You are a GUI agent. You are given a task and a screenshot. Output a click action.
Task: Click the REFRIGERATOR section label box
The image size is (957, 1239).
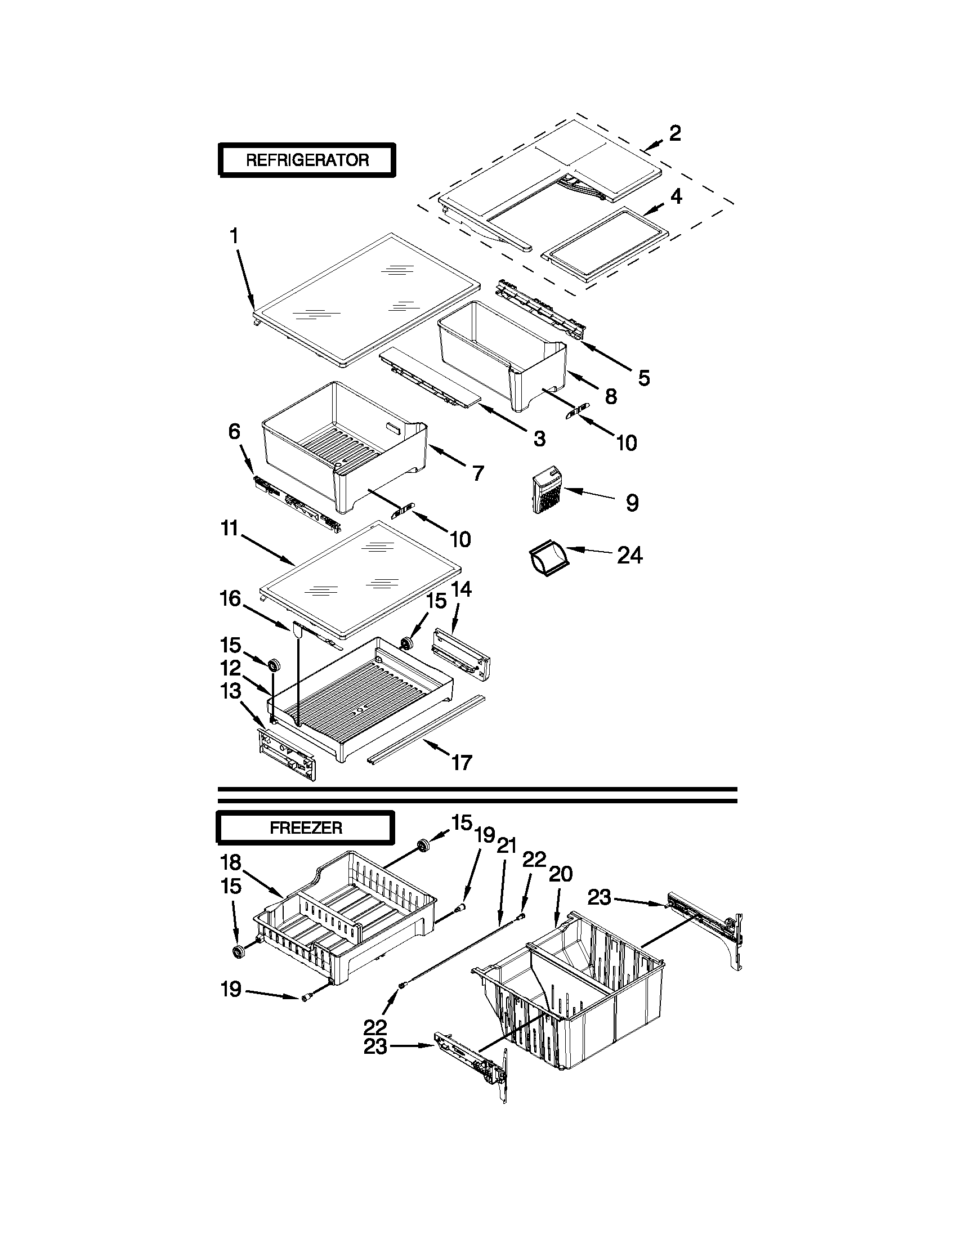click(307, 160)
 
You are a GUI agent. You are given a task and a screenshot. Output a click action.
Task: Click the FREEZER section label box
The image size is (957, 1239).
click(305, 828)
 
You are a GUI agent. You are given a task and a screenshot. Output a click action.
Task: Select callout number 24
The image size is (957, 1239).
click(630, 556)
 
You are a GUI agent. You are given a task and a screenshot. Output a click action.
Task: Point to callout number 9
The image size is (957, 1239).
click(632, 503)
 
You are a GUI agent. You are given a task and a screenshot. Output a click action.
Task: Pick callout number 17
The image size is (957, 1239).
click(462, 762)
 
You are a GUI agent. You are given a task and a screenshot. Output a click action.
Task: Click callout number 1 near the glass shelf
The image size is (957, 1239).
click(234, 236)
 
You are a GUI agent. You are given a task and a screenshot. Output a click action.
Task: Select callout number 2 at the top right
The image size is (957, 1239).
click(674, 133)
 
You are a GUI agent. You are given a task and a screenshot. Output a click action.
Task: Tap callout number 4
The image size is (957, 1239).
click(676, 196)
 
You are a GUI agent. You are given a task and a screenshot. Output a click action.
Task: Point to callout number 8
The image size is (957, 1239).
click(610, 396)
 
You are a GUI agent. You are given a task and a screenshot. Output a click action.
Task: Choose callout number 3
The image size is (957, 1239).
click(539, 438)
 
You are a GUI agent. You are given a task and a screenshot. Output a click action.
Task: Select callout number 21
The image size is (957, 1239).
click(506, 861)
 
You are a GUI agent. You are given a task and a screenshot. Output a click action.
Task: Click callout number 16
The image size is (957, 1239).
click(230, 598)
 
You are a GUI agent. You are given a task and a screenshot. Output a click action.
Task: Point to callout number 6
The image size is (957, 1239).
click(234, 432)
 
